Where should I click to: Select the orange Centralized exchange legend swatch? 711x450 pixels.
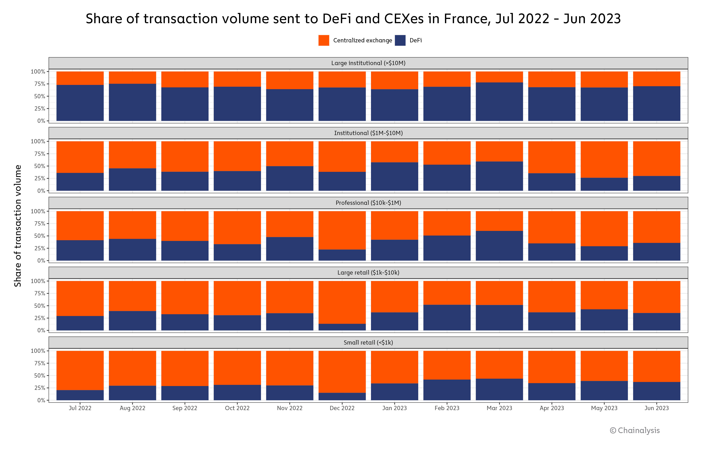coord(324,40)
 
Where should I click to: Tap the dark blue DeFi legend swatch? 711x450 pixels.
coord(400,40)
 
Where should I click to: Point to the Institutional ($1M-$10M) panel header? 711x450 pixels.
coord(368,133)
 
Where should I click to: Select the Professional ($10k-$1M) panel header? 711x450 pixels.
coord(368,203)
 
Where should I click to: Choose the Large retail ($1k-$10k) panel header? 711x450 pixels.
coord(368,273)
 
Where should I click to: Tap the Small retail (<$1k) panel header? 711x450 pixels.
coord(368,343)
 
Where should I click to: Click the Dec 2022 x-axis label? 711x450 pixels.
coord(342,408)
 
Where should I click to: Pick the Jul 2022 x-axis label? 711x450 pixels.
coord(80,408)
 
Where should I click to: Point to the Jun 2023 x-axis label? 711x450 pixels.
coord(656,408)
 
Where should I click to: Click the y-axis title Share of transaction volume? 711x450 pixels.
coord(18,226)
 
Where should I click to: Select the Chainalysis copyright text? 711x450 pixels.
coord(635,431)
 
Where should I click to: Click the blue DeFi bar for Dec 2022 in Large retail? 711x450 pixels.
coord(342,327)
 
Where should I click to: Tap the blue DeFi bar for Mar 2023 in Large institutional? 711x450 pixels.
coord(499,102)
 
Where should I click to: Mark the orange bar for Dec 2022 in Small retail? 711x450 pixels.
coord(342,372)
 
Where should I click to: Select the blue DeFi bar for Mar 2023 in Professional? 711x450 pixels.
coord(499,246)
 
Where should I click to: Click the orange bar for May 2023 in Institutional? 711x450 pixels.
coord(604,159)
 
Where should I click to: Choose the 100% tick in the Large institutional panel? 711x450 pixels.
coord(38,72)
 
